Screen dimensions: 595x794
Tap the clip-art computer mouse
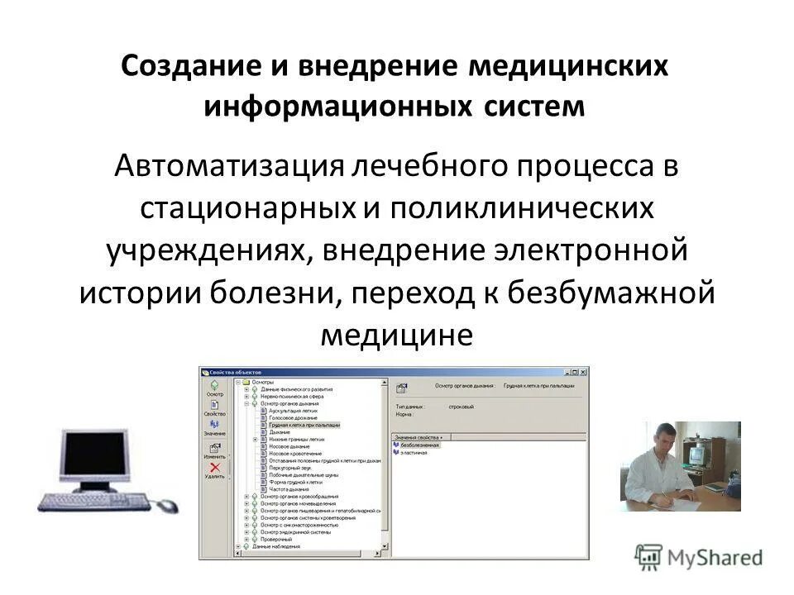coord(168,504)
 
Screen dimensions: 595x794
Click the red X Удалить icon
coord(214,469)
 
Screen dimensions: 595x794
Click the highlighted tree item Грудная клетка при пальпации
coord(304,425)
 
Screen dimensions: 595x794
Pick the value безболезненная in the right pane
coord(421,445)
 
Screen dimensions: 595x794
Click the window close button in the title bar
coord(584,372)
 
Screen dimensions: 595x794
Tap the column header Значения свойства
coord(419,436)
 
